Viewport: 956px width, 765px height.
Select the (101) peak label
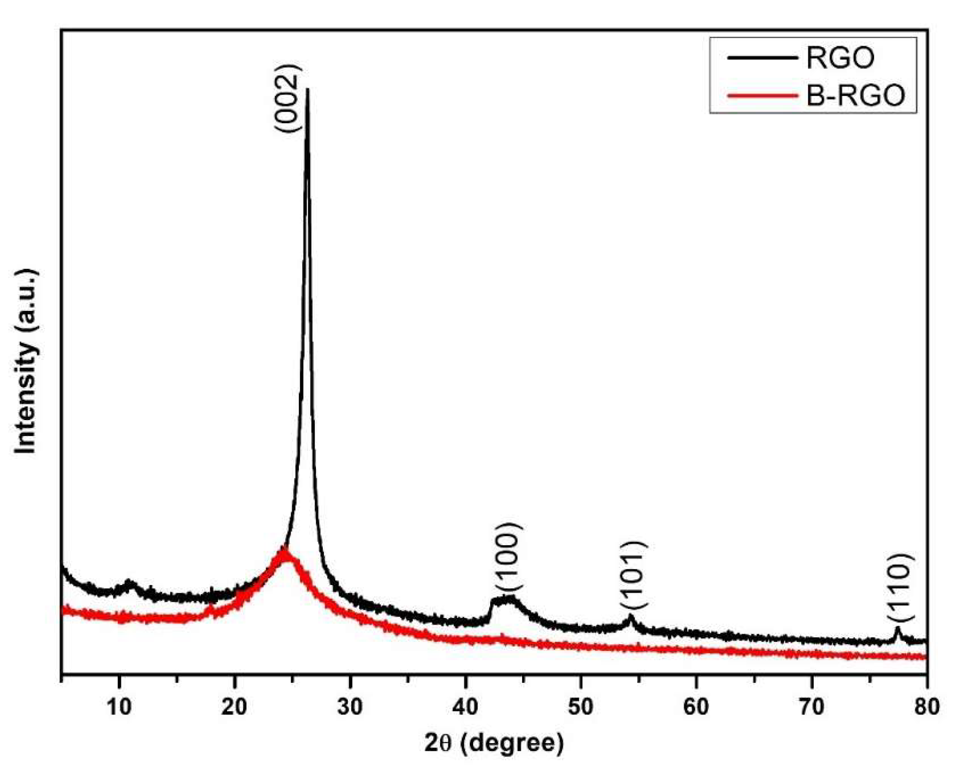coord(634,575)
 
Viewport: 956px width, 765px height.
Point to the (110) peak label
coord(901,587)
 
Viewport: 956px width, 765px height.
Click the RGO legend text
coord(840,58)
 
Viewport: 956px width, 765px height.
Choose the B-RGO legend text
coord(856,95)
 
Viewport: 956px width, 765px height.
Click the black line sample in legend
coord(762,58)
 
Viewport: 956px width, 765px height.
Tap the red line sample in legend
coord(762,96)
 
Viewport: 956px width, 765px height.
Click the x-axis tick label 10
coord(119,707)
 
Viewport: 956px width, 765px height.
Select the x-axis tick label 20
coord(234,707)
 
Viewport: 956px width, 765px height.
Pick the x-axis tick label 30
coord(349,707)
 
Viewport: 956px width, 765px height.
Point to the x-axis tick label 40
coord(465,707)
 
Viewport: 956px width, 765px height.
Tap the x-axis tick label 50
coord(580,707)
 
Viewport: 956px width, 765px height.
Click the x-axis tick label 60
coord(696,707)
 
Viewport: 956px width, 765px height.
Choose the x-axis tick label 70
coord(811,707)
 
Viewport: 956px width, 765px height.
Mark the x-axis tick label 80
coord(926,707)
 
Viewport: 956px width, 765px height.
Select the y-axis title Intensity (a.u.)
coord(25,361)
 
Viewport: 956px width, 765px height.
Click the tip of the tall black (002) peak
coord(307,89)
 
